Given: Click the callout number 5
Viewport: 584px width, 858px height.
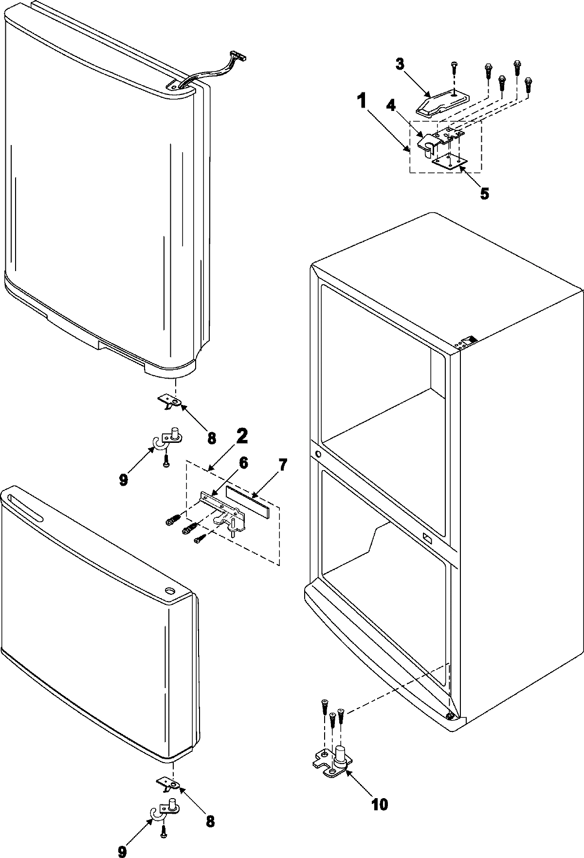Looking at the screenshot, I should pyautogui.click(x=484, y=193).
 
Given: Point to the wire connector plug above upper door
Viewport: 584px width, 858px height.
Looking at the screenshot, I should pyautogui.click(x=239, y=57).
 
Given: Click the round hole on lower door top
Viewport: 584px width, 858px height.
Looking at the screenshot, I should pyautogui.click(x=170, y=591).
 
